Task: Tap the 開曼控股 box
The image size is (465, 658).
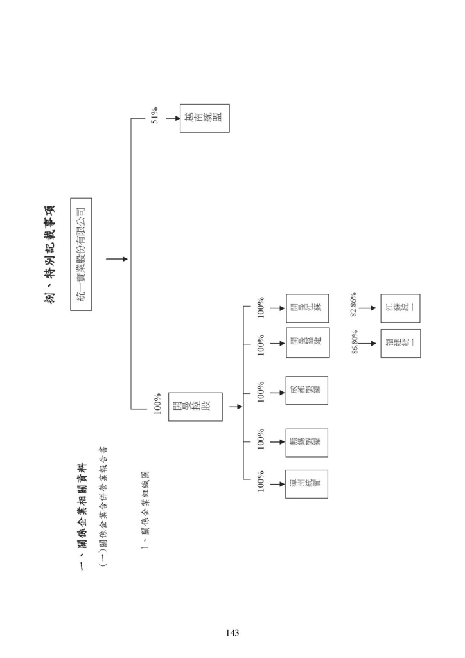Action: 195,407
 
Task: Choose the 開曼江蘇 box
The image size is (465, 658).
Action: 307,308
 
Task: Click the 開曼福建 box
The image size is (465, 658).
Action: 308,342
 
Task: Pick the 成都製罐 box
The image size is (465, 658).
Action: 306,390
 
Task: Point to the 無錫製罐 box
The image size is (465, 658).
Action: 306,442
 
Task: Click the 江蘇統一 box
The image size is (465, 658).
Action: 400,308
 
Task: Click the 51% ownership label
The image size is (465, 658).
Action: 155,118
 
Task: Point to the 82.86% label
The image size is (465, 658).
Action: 353,305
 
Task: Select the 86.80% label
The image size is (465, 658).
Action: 355,342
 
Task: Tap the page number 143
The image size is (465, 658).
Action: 232,633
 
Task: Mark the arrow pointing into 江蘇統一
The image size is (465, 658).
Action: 368,308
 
